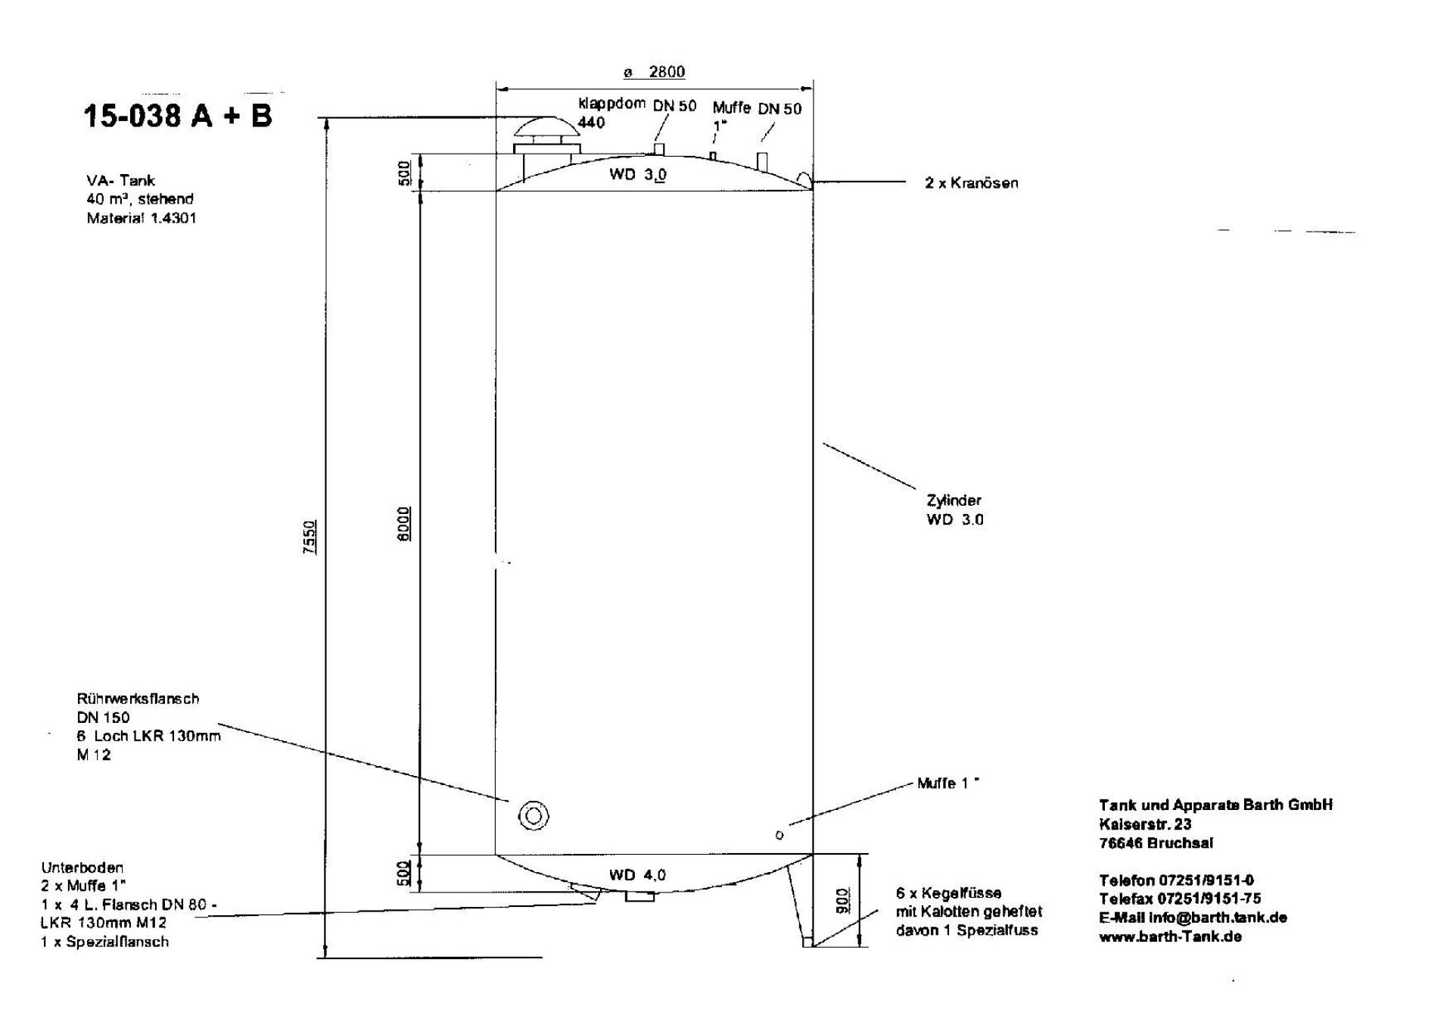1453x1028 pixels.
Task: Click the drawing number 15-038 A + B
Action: point(177,116)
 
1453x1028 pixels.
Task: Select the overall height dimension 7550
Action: point(309,537)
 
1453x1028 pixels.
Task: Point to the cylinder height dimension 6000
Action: point(405,523)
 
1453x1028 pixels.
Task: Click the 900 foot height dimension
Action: point(843,900)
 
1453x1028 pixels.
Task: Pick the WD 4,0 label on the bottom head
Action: point(637,875)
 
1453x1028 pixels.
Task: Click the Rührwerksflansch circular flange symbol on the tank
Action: point(534,816)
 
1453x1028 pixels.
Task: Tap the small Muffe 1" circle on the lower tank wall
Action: point(779,835)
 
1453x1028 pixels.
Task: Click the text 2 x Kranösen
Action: point(971,183)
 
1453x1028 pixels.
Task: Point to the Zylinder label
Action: point(954,500)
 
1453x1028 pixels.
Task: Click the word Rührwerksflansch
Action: point(138,699)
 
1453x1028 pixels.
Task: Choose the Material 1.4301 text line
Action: point(142,218)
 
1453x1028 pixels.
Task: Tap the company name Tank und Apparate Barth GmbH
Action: point(1215,805)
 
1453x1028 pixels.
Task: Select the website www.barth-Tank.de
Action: point(1170,936)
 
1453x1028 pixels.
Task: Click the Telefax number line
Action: point(1180,899)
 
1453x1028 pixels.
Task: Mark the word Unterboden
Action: point(82,868)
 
